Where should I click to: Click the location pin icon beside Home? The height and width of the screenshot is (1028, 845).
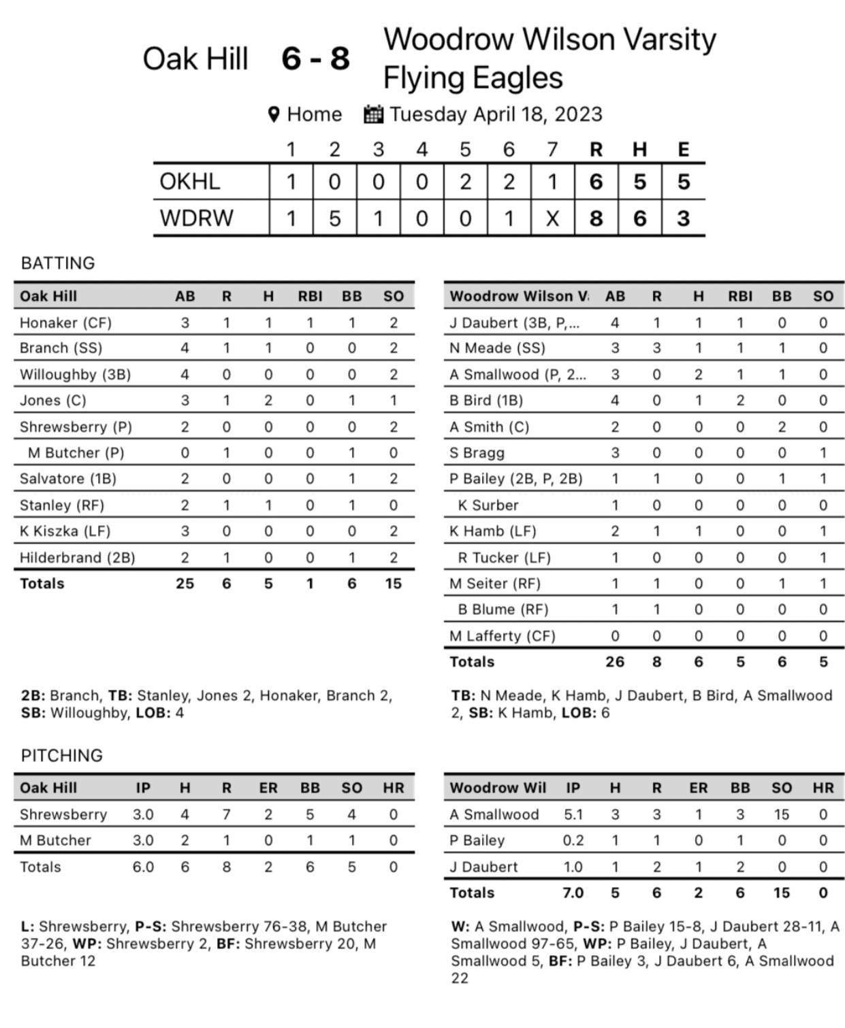coord(274,114)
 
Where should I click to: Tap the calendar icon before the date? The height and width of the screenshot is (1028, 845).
coord(373,114)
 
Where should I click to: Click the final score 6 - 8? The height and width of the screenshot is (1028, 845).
coord(315,59)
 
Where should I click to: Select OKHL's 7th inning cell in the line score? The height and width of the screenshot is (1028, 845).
coord(552,182)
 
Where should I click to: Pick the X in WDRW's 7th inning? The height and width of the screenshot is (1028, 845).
coord(552,218)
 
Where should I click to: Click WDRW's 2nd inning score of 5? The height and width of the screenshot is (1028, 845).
coord(334,218)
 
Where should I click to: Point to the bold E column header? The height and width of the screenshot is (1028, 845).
coord(683,150)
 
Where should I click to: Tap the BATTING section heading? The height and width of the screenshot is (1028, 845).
coord(58,263)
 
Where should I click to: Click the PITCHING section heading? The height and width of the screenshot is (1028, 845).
coord(62,755)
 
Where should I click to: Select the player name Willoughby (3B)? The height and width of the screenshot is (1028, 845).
coord(75,374)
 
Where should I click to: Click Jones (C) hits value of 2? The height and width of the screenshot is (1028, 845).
coord(268,400)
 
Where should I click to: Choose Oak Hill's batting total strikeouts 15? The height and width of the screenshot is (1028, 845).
coord(393,583)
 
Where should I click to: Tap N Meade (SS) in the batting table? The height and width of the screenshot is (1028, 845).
coord(497,348)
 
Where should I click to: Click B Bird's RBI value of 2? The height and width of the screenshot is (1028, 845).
coord(740,400)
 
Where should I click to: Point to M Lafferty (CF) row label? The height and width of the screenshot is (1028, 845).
coord(503,635)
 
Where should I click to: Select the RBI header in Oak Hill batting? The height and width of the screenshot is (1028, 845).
coord(310,296)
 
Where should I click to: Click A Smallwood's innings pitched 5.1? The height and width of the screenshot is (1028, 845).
coord(573,814)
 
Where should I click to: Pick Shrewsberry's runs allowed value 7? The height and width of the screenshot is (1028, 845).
coord(226,814)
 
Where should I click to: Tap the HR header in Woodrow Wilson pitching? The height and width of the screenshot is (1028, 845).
coord(823,788)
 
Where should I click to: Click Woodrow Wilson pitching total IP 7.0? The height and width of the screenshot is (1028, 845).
coord(573,893)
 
